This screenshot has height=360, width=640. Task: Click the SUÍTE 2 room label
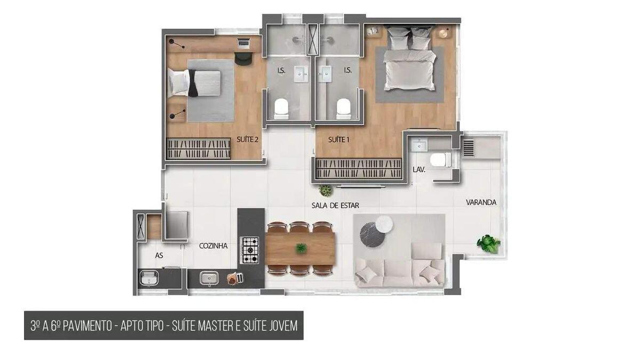tap(247, 140)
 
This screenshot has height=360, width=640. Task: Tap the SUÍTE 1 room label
tap(339, 140)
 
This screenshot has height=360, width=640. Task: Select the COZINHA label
tap(213, 246)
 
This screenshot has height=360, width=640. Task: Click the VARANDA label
tap(481, 203)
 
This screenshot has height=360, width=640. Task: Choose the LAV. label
tap(419, 170)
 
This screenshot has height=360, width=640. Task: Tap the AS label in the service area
tap(159, 255)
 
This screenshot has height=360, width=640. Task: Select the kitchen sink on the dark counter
tap(207, 278)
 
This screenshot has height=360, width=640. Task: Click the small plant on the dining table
tap(301, 247)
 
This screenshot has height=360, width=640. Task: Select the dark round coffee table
tap(372, 234)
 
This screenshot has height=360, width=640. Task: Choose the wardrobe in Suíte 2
tap(198, 148)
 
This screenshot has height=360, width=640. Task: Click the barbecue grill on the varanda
tap(468, 147)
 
